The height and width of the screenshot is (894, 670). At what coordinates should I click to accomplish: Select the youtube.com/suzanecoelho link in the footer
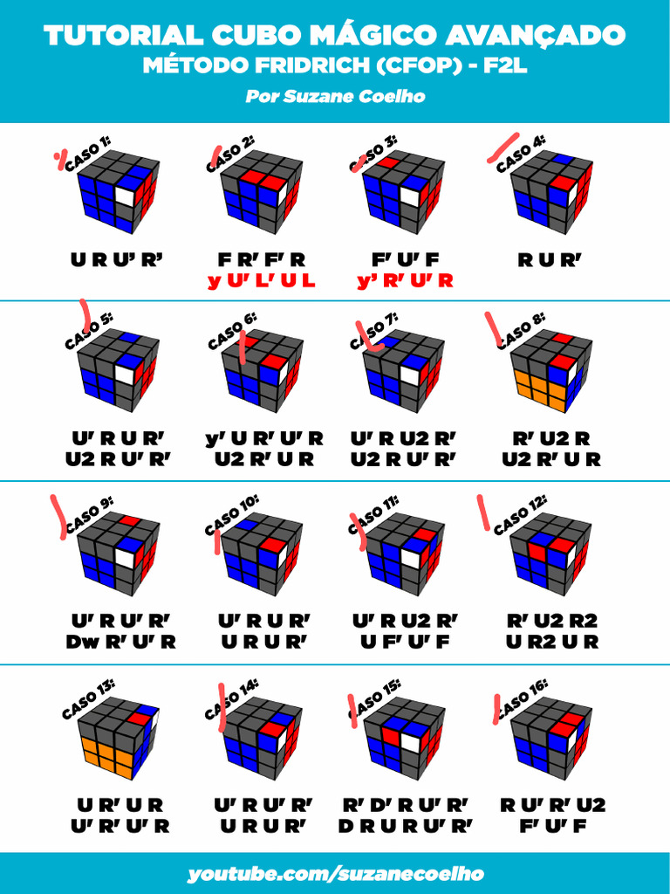click(335, 874)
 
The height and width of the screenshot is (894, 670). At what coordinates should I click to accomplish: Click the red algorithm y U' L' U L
click(262, 280)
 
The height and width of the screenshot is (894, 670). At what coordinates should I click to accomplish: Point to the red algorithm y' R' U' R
click(405, 280)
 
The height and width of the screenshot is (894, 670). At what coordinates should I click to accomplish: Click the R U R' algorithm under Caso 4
click(550, 260)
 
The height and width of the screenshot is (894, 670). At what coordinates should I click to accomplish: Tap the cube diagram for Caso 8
click(551, 370)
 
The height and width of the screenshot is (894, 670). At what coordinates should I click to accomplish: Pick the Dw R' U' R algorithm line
click(120, 642)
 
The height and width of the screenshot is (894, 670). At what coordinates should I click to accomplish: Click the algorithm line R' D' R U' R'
click(405, 804)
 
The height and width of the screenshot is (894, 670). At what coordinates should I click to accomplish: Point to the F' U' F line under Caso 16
click(552, 826)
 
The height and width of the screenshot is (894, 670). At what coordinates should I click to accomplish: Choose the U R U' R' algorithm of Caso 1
click(117, 260)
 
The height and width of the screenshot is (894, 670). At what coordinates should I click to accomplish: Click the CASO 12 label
click(520, 515)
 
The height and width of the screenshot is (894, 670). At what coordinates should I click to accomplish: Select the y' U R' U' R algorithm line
click(264, 438)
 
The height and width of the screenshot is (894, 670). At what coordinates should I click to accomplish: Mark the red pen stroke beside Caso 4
click(503, 148)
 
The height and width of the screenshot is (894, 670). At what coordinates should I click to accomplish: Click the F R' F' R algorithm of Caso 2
click(262, 260)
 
